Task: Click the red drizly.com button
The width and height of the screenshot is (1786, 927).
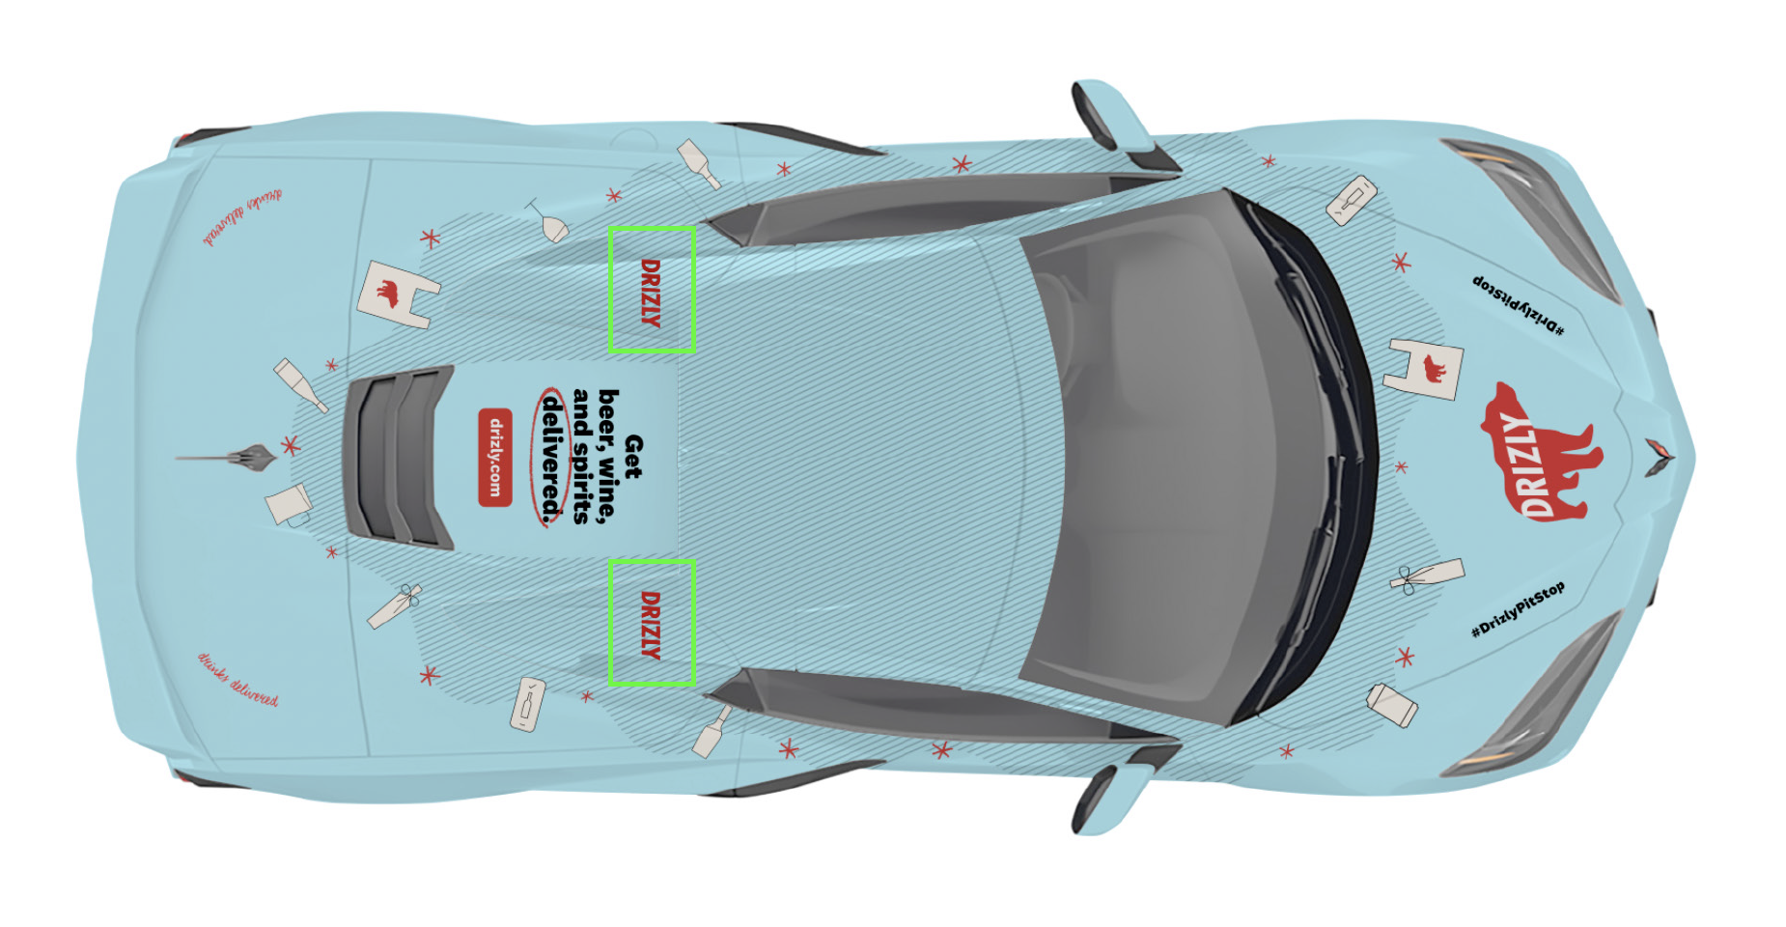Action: click(x=494, y=457)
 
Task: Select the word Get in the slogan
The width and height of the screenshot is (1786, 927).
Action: click(x=633, y=457)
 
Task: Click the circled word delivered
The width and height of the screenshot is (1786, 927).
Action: click(x=551, y=457)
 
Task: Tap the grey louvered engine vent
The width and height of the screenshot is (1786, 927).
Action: click(x=399, y=457)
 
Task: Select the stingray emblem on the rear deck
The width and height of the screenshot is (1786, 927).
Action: click(x=232, y=457)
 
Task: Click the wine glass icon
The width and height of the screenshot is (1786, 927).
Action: click(x=550, y=222)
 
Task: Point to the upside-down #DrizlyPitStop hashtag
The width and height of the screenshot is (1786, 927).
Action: click(x=1518, y=305)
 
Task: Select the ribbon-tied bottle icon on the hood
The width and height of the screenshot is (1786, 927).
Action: click(x=1427, y=577)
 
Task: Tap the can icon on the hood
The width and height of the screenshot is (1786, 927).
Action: click(x=1392, y=705)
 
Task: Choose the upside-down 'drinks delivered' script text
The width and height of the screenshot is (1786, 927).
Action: click(x=241, y=217)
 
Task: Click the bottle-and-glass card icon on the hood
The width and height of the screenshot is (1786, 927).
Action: click(x=1352, y=199)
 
